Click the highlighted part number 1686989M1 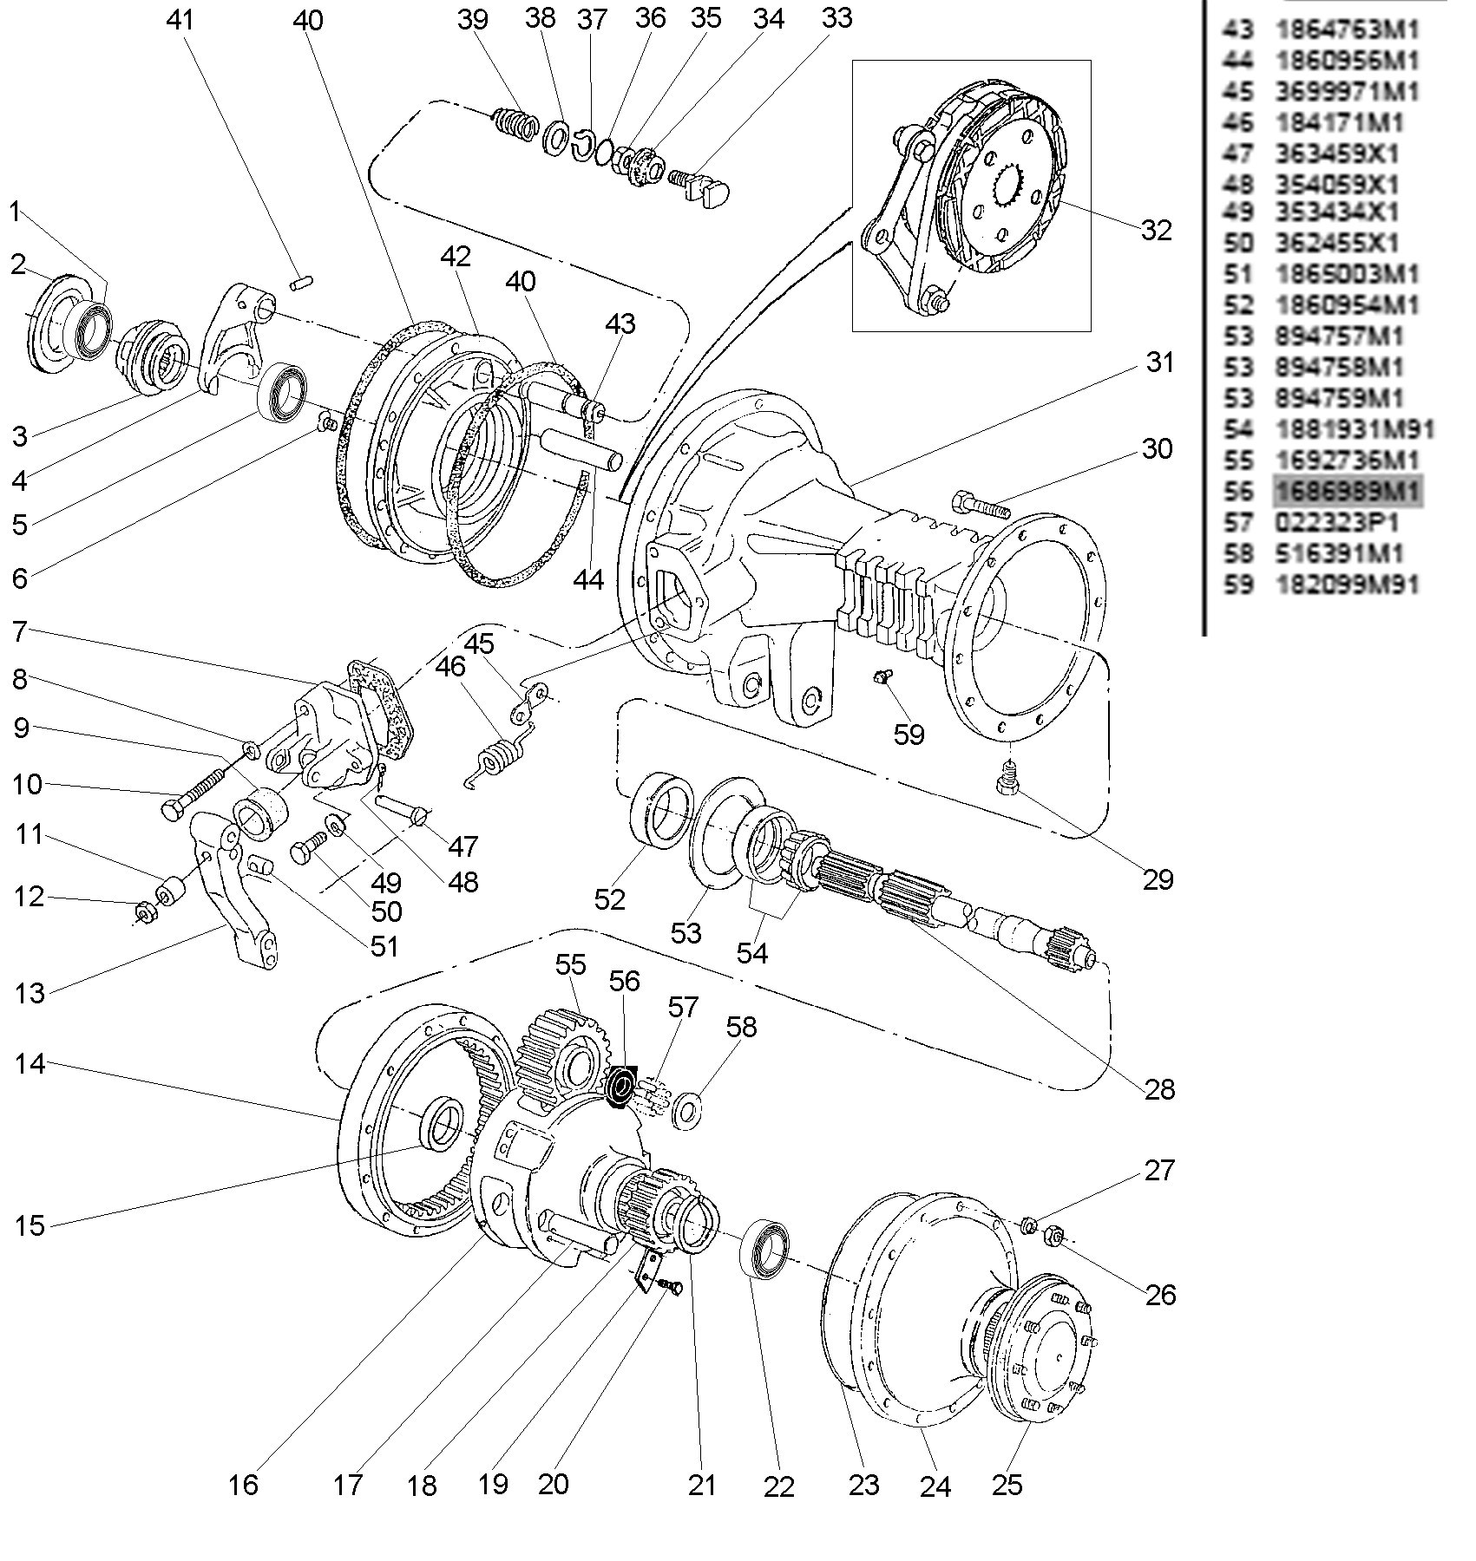(1347, 492)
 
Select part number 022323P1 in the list (1336, 523)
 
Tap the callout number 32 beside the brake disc (1156, 230)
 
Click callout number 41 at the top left (181, 20)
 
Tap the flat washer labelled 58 (688, 1111)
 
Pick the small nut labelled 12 (146, 912)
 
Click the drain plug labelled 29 (1007, 777)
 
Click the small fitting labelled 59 (882, 677)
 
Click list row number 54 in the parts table (1238, 429)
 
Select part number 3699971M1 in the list (1347, 92)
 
